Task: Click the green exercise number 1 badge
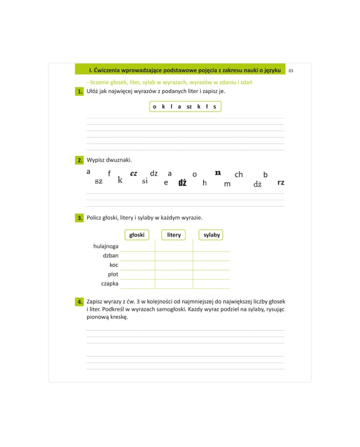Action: [x=80, y=92]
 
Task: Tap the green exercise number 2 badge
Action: [x=80, y=160]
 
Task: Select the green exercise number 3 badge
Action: [x=80, y=218]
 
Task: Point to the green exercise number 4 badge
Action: [x=80, y=301]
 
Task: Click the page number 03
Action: [x=291, y=70]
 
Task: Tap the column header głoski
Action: [x=137, y=235]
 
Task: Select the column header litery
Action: [x=174, y=235]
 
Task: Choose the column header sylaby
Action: [x=211, y=235]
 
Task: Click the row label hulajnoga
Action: [x=106, y=246]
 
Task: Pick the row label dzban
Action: [x=111, y=256]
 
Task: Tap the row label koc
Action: [x=114, y=265]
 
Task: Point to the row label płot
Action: [x=113, y=274]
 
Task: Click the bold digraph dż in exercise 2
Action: [x=183, y=183]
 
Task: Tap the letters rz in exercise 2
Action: [x=281, y=183]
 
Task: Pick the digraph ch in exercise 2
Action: [x=239, y=175]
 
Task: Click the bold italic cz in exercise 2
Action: [x=134, y=173]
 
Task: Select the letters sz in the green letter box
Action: [x=189, y=107]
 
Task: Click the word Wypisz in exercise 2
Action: [x=96, y=160]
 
